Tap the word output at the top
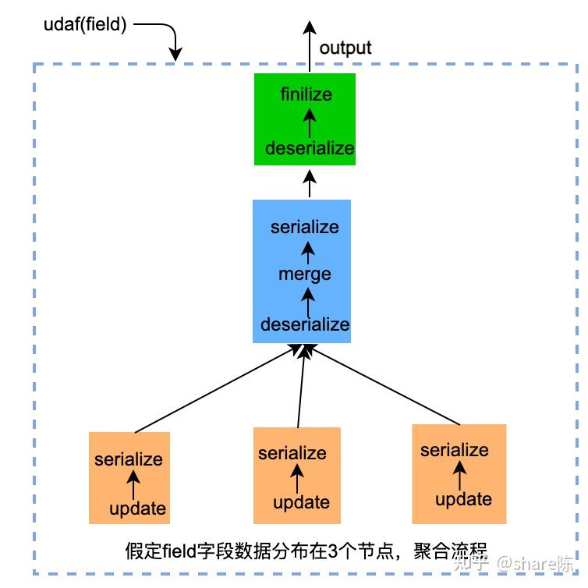click(x=345, y=48)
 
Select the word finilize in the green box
click(x=306, y=94)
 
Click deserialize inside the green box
click(x=310, y=148)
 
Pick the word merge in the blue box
click(x=305, y=274)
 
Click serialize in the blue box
click(x=305, y=227)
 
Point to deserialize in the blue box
click(x=305, y=324)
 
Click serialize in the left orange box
click(x=129, y=459)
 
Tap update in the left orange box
click(x=137, y=509)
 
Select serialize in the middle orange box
click(x=292, y=453)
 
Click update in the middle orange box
click(x=301, y=503)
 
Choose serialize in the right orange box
click(x=455, y=450)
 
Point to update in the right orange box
click(x=463, y=499)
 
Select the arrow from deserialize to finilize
click(x=310, y=121)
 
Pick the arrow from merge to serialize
click(x=308, y=250)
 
